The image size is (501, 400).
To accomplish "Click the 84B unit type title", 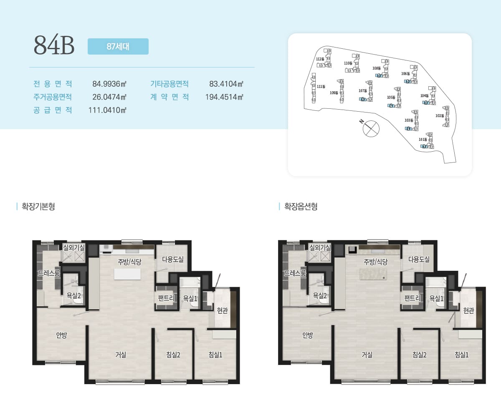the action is point(54,45).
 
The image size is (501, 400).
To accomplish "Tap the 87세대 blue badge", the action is point(118,47).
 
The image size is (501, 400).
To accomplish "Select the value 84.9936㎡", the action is point(109,84).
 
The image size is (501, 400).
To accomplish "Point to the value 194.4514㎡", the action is point(224,97).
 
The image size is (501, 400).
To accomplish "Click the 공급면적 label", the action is point(53,110).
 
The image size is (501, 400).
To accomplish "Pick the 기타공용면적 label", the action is point(169,84).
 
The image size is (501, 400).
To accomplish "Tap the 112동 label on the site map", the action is point(320,59).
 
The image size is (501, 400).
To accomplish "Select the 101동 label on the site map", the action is point(423,140).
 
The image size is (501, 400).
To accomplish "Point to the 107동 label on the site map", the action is point(362,91).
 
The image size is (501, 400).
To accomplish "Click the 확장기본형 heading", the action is point(38,206).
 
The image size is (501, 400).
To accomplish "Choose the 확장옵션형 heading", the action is point(301,206).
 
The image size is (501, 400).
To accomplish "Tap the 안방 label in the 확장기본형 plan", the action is point(61,335).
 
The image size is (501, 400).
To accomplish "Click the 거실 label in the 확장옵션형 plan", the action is point(367,355).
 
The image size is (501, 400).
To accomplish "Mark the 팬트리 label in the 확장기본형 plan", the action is point(166,298).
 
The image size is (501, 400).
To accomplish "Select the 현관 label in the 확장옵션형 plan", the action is point(468,310).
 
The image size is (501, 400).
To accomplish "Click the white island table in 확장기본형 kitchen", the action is point(127,274).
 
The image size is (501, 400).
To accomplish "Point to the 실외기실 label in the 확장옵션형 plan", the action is point(320,247).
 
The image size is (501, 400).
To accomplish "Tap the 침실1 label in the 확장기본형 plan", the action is point(215,355).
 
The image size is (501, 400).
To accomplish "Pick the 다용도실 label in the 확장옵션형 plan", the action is point(419,259).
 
